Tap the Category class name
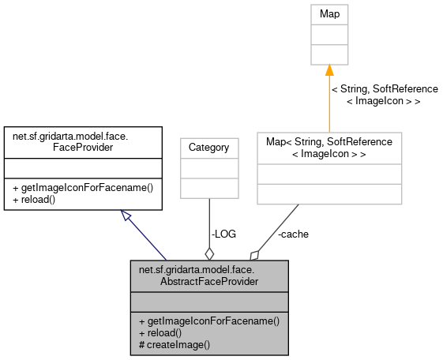point(208,147)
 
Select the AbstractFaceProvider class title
point(209,275)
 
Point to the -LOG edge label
point(223,234)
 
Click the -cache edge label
point(293,234)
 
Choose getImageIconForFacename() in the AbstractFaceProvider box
point(209,321)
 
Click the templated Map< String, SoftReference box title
point(329,147)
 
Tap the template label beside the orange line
point(384,95)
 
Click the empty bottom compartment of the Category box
point(208,188)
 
